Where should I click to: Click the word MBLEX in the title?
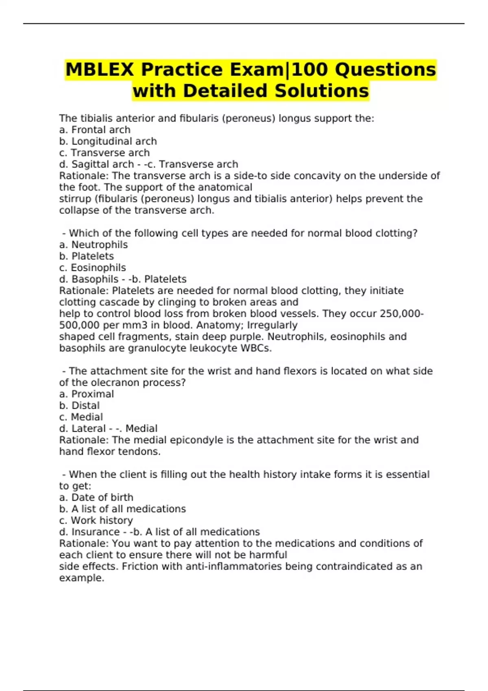coord(99,70)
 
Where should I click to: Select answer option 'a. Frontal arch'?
coord(95,130)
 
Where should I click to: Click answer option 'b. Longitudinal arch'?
coord(108,141)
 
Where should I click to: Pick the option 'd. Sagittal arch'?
coord(96,164)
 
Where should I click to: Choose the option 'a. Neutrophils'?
coord(93,245)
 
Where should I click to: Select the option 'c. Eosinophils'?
coord(92,267)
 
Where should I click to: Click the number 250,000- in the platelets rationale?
coord(402,314)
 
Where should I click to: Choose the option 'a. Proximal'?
coord(86,394)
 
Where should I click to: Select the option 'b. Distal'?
coord(79,405)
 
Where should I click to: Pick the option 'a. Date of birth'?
coord(96,497)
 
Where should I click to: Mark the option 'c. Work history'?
coord(96,520)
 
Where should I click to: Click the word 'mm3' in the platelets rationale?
coord(120,325)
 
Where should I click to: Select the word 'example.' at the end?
coord(82,578)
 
